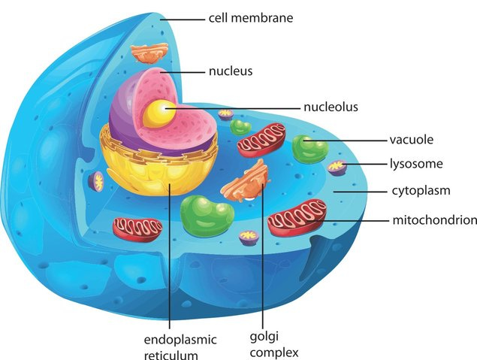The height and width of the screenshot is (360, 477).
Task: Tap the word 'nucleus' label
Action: point(231,72)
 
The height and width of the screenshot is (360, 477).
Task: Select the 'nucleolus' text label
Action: point(331,107)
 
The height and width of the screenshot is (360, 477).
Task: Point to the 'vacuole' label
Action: point(411,140)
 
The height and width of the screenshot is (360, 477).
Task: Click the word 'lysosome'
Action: point(415,163)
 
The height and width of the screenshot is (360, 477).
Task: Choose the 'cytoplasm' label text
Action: point(420,191)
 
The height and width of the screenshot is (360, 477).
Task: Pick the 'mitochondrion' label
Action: point(434,220)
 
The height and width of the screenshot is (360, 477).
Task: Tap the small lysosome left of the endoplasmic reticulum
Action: point(98,180)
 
